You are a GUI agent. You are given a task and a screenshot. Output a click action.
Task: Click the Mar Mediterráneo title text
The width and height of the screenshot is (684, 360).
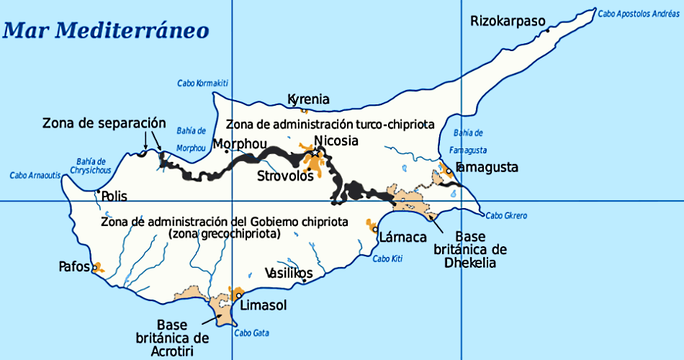tap(106, 30)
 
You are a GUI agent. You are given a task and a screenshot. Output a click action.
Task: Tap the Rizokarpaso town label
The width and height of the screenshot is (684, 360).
tap(508, 21)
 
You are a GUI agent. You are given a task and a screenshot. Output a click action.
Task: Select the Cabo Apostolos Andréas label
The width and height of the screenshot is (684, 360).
tap(638, 13)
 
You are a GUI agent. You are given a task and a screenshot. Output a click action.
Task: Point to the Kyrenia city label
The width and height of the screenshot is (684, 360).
tap(308, 99)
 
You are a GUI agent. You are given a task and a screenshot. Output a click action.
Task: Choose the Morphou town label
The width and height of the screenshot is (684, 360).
tap(239, 143)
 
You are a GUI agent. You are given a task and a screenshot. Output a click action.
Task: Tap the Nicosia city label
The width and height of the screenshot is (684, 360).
tap(336, 141)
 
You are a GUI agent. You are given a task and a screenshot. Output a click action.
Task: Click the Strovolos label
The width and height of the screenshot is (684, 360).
tap(285, 176)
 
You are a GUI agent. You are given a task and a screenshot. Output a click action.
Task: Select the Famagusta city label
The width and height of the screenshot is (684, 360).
tap(487, 167)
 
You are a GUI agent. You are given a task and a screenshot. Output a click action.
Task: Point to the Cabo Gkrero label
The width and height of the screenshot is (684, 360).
tap(505, 215)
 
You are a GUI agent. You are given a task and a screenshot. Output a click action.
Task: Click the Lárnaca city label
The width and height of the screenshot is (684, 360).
tap(403, 236)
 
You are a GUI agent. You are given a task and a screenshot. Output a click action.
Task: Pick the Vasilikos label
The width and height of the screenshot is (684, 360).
tap(289, 274)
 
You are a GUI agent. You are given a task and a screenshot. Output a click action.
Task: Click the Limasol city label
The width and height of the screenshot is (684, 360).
tap(265, 305)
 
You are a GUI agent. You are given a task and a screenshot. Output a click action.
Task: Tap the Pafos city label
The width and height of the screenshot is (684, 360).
tap(74, 266)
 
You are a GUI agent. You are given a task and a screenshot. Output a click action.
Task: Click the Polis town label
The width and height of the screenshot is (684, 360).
tap(114, 196)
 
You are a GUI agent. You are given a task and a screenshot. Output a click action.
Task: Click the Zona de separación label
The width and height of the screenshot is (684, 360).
tap(104, 122)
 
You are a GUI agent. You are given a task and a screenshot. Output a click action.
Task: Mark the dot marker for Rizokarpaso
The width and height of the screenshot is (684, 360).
tap(548, 31)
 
